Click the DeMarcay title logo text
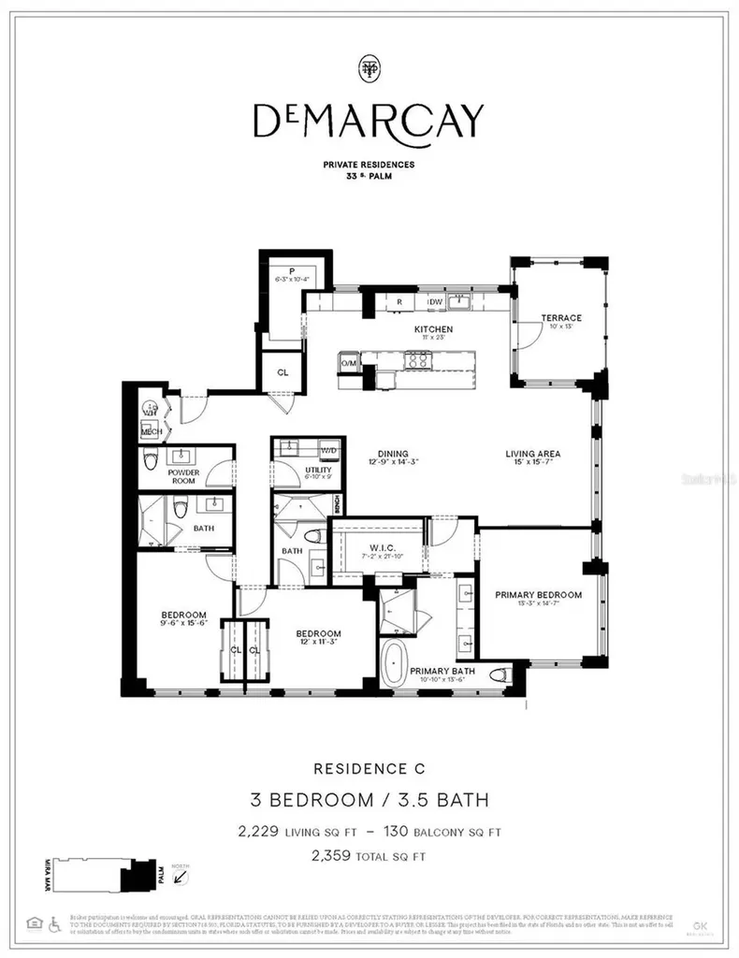tap(369, 119)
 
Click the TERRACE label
tap(564, 318)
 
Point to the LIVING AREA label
tap(533, 455)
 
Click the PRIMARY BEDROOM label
tap(538, 595)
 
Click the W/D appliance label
tap(328, 450)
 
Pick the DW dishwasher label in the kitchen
tap(435, 302)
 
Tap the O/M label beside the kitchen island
tap(349, 363)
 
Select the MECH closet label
tap(150, 432)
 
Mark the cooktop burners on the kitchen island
tap(416, 358)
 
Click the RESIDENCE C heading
tap(369, 769)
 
